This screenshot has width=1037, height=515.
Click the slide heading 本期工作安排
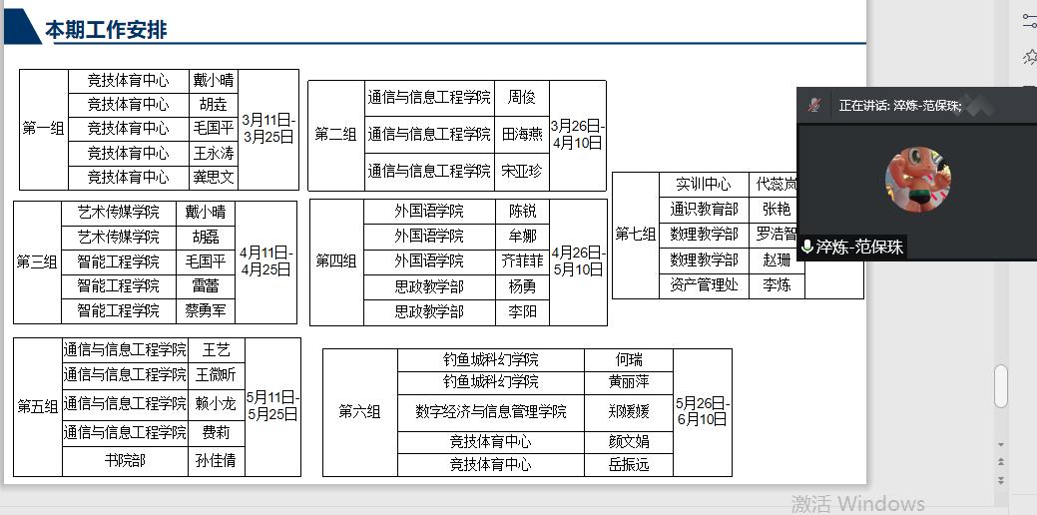(106, 30)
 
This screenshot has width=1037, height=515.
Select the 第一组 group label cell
(43, 129)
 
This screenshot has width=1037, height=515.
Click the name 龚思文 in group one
(214, 178)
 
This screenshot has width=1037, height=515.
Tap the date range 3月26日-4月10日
(578, 135)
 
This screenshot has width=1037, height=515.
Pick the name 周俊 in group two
(522, 98)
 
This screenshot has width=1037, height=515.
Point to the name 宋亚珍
(522, 172)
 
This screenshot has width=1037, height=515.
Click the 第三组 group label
(37, 262)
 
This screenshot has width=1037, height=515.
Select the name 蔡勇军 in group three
(206, 311)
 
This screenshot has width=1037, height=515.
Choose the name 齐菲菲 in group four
(523, 261)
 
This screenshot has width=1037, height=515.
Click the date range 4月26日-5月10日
(578, 261)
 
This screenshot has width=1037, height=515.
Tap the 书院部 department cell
(125, 461)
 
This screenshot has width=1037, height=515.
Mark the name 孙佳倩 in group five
(216, 461)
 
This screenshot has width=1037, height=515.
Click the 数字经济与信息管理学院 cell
(491, 412)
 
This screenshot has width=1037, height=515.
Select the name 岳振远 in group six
(629, 465)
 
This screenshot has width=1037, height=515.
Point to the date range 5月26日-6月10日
(703, 411)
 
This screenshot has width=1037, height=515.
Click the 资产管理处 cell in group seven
(704, 285)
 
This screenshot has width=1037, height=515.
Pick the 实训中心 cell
(704, 185)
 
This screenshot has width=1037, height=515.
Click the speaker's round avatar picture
(917, 179)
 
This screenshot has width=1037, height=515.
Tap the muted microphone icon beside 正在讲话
(814, 105)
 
